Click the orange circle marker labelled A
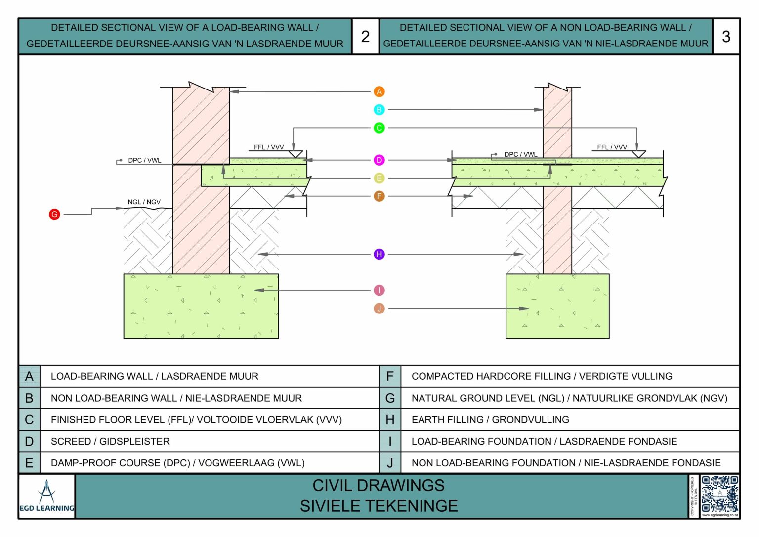click(379, 91)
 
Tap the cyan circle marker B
click(379, 110)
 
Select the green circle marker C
click(379, 128)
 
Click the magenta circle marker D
click(379, 160)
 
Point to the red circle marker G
click(54, 214)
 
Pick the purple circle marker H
click(379, 254)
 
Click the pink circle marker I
click(379, 290)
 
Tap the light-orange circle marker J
click(379, 309)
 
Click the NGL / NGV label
click(144, 202)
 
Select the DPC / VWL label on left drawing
click(144, 160)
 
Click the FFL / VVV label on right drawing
click(612, 147)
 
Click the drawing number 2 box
click(365, 36)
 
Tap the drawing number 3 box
click(726, 36)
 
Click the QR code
click(719, 494)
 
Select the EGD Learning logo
click(47, 496)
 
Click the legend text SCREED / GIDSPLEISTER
click(110, 441)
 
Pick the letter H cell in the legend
click(390, 420)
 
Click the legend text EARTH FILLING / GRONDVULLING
click(490, 420)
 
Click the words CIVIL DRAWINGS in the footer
click(379, 486)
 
